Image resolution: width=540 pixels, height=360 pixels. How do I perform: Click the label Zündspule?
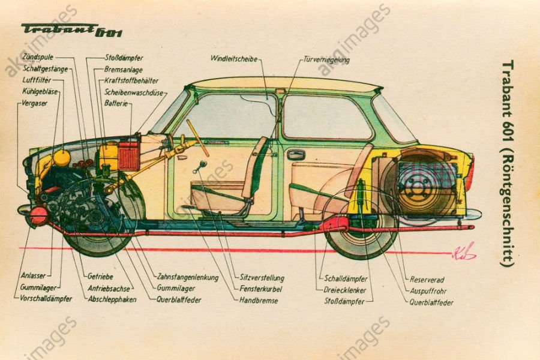click(37, 58)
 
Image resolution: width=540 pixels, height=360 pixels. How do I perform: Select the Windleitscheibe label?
click(233, 59)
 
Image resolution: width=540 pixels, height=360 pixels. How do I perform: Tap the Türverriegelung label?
click(326, 60)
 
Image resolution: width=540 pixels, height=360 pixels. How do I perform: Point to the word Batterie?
click(116, 104)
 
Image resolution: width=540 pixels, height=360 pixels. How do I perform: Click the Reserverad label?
click(427, 280)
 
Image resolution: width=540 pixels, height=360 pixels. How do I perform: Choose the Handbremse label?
click(259, 300)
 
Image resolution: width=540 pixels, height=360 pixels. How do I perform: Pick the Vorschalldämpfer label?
click(46, 298)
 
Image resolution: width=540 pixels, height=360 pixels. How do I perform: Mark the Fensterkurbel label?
click(260, 289)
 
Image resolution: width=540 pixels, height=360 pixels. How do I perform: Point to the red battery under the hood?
click(128, 155)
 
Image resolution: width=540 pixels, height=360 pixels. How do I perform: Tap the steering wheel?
click(197, 137)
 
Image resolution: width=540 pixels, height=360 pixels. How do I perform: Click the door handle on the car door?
click(296, 155)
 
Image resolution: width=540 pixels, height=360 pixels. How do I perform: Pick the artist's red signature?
click(464, 251)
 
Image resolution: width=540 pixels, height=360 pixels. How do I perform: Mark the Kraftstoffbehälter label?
click(131, 80)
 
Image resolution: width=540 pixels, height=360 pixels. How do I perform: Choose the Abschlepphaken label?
click(112, 299)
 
